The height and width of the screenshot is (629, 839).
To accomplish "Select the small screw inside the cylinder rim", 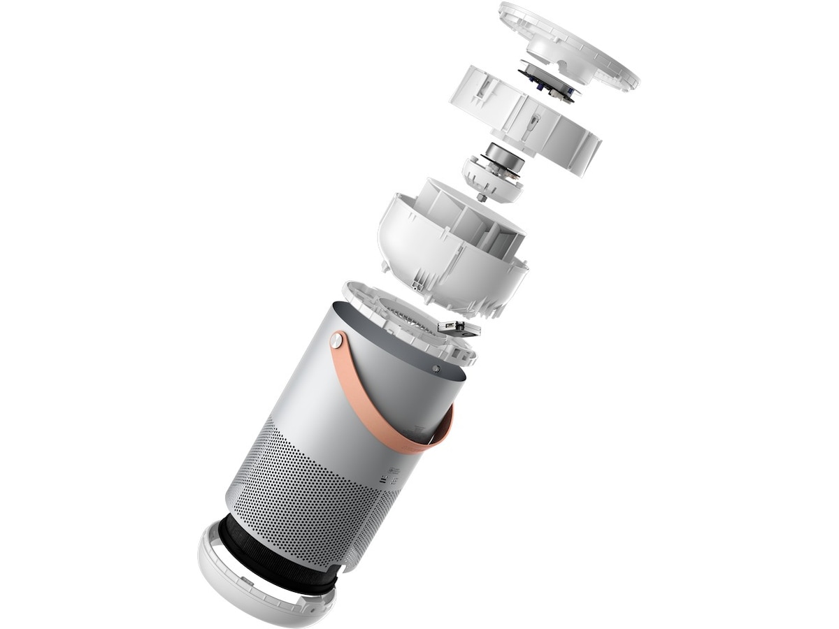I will [x=436, y=368].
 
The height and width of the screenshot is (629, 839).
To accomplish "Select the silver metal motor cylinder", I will [x=505, y=157].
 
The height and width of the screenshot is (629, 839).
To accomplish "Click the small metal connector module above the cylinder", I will [x=458, y=327].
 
